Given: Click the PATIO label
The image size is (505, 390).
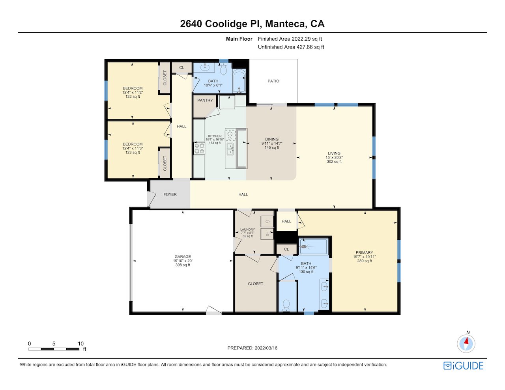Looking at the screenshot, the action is coord(273,81).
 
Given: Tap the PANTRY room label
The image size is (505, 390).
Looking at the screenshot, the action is coord(205,100).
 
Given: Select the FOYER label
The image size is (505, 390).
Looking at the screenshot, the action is coord(170,194).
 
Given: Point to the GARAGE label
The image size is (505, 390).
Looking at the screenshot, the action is coord(183,256).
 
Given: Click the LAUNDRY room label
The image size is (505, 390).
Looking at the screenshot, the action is coord(247,230).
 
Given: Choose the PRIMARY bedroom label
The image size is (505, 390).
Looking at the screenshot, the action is coord(364,252).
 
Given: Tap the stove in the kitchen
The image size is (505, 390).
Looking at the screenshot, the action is coord(199,148).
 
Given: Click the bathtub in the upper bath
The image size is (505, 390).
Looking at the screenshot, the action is coord(239,81).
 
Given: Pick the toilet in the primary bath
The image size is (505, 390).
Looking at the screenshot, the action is coord(286,305).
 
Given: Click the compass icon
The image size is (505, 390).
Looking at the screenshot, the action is coord(466,344).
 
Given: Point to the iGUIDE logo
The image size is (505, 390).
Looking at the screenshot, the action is coord(464,366).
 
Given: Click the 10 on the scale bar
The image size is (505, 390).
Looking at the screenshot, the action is coord(80,343).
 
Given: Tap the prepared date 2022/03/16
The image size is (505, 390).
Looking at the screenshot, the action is coord(266,348).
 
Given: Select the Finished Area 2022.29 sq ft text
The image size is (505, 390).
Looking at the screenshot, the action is coord(290,39).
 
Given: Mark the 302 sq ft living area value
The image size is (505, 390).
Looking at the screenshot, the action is coord(334,162).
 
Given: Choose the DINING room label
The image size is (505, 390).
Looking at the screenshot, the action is coord(272,139).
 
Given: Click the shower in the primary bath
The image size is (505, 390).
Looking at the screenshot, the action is coord(313,246).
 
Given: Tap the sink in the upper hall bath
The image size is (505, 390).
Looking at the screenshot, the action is coord(205,67).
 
